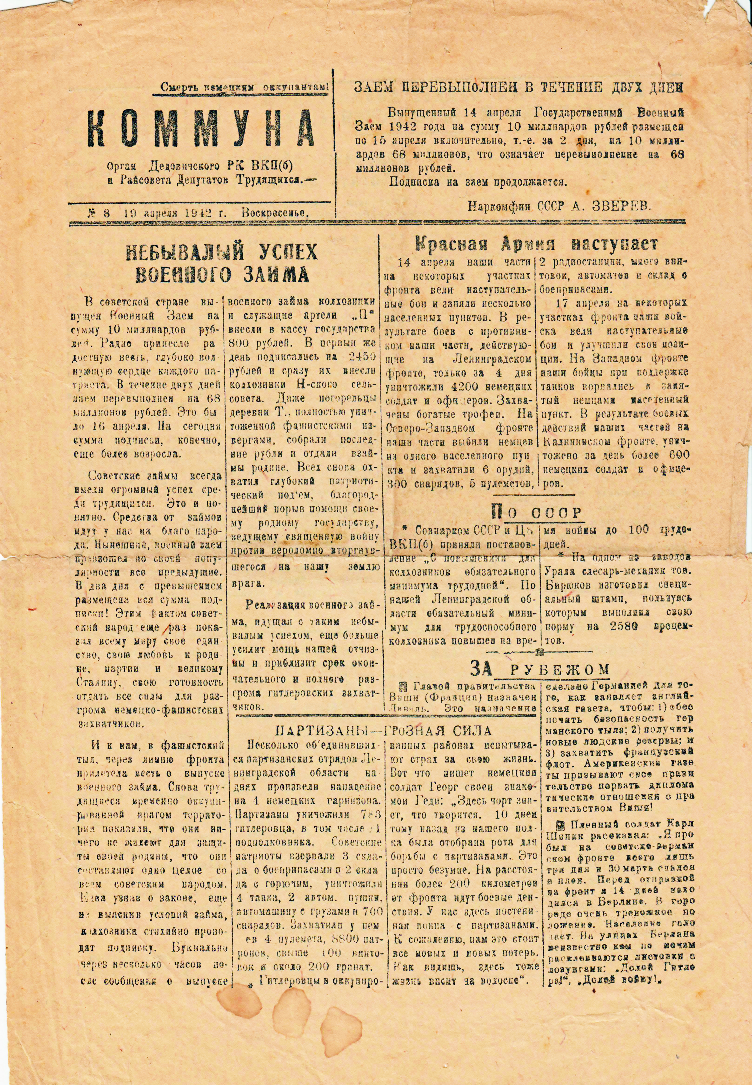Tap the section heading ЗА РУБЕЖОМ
[x=539, y=669]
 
